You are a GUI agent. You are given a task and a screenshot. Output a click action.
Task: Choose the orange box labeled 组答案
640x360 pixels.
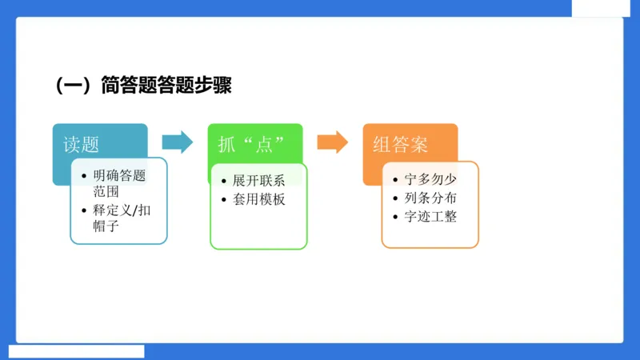click(x=400, y=143)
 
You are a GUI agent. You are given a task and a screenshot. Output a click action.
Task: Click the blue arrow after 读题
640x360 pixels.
click(x=177, y=142)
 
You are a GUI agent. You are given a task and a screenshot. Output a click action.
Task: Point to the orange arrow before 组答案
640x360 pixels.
click(x=332, y=142)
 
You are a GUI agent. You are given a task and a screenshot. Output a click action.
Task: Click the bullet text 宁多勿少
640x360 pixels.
click(x=430, y=181)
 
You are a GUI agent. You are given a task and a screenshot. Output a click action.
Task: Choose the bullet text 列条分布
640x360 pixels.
click(x=430, y=198)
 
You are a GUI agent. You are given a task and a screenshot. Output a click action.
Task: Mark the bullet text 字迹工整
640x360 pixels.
click(x=430, y=217)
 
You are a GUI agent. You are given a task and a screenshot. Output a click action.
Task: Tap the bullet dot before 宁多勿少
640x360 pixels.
click(x=396, y=182)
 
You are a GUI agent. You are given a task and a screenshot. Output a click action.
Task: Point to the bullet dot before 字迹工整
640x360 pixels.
click(x=396, y=218)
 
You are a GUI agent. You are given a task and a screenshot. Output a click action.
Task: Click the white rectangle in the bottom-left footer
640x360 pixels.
click(x=77, y=351)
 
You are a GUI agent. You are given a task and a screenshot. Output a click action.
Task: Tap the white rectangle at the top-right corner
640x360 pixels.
click(x=605, y=8)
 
